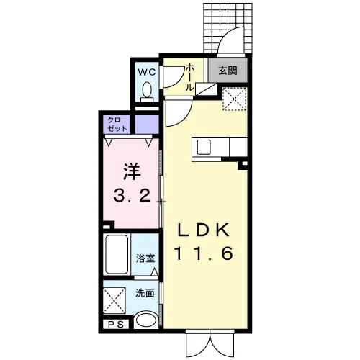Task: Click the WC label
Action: pos(147,72)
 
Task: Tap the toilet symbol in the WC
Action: pos(147,92)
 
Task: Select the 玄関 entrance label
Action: pos(228,71)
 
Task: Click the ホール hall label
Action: pos(190,77)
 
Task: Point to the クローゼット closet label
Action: pos(117,124)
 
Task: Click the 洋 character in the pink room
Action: pos(132,171)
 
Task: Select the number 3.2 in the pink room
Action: pos(132,196)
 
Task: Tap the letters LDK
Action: pos(203,231)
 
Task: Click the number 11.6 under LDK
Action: pos(203,253)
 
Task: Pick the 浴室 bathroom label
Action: pos(145,258)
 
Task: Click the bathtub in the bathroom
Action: pos(117,254)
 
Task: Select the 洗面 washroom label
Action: pos(145,293)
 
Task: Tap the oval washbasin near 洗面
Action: pos(146,320)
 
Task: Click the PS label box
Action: pos(116,325)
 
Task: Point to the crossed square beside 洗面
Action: pos(114,300)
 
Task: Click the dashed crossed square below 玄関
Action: pos(235,99)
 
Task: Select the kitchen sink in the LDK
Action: pos(204,147)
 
